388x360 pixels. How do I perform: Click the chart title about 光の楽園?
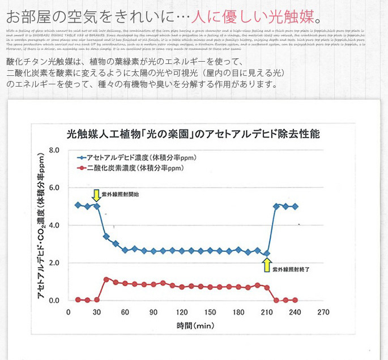tap(193, 135)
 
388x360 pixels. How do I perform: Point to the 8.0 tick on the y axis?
tap(54, 151)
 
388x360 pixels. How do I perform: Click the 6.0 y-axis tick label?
tap(54, 188)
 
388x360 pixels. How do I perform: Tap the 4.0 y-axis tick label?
tap(54, 225)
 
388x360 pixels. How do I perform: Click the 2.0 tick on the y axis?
tap(54, 263)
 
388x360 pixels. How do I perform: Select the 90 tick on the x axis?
tap(154, 312)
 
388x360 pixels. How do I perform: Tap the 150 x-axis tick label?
tap(210, 312)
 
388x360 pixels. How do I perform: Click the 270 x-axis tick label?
tap(323, 312)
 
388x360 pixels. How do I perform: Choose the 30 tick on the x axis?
tap(97, 312)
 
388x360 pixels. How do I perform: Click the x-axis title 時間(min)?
tap(195, 326)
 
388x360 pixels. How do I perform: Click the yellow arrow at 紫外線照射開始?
tap(97, 195)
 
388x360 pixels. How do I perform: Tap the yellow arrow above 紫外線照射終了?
tap(267, 264)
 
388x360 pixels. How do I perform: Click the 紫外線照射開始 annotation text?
tap(120, 194)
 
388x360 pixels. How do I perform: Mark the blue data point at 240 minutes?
tap(295, 207)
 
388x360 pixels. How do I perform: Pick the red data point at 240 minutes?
tap(295, 300)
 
